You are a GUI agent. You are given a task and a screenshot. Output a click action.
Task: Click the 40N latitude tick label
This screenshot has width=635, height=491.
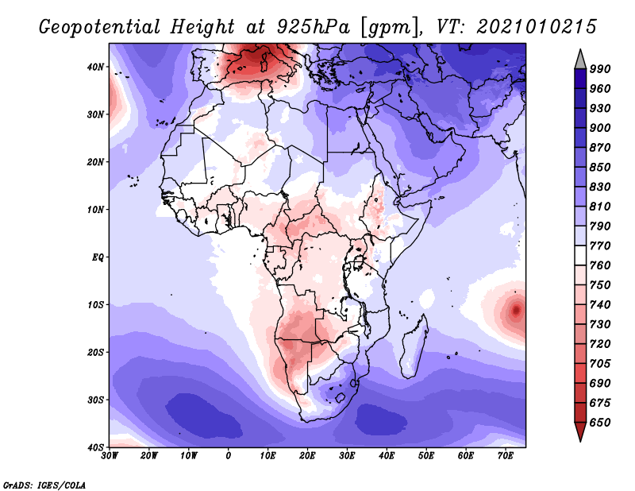coord(95,67)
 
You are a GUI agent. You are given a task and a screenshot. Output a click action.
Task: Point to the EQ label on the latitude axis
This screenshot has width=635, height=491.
coord(98,257)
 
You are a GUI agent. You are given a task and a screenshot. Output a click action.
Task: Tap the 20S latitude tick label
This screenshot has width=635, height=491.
coord(95,352)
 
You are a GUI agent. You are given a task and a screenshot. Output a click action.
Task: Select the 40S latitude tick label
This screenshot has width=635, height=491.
coord(95,447)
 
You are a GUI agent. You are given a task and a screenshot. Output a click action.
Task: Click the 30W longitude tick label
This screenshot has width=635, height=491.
coord(110,456)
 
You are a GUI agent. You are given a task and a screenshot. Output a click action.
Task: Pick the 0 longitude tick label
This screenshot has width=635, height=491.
coord(229,456)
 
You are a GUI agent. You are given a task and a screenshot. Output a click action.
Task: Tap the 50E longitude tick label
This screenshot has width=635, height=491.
coord(426,456)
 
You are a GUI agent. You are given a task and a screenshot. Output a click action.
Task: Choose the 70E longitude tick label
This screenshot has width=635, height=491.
coord(506,456)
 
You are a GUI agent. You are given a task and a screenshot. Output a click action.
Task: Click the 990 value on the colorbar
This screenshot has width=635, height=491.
coord(600,69)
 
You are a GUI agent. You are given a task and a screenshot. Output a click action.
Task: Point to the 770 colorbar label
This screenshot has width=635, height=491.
coord(600,246)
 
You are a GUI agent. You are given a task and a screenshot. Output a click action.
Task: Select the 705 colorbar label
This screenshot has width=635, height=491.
coord(600,364)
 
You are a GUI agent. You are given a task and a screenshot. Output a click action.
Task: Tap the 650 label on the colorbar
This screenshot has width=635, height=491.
coord(600,423)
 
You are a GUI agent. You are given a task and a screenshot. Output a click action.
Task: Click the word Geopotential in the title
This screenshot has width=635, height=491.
coord(100,27)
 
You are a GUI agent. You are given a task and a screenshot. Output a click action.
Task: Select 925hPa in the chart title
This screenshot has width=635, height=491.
coord(313,27)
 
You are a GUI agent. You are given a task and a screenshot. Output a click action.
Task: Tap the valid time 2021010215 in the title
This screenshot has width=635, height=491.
coord(537,27)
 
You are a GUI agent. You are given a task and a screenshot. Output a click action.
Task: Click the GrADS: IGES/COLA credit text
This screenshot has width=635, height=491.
coord(44,485)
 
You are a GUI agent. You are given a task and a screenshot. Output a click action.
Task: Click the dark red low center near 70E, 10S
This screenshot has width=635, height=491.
coord(516,311)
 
